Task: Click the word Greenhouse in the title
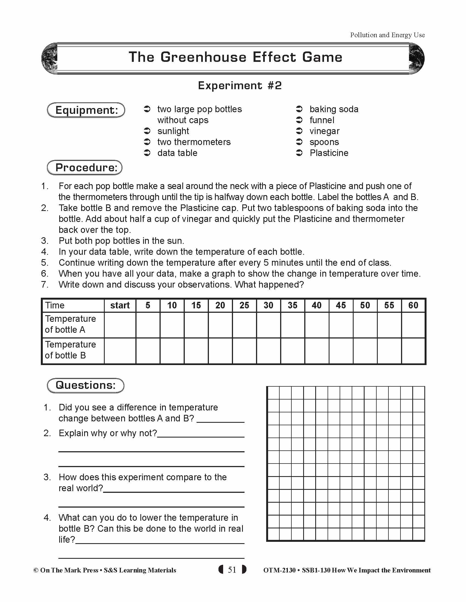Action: coord(203,57)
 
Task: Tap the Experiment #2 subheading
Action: coord(240,85)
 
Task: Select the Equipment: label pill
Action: coord(86,110)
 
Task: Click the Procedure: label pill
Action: coord(85,167)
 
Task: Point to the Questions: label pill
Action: coord(86,385)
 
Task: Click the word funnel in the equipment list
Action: coord(322,120)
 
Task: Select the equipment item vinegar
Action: coord(324,131)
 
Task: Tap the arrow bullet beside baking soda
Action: coord(299,109)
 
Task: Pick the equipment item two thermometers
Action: coord(194,142)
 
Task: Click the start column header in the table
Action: coord(120,305)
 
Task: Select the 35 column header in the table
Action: coord(293,305)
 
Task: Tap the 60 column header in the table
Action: coord(413,305)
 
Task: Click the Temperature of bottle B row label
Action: coord(70,350)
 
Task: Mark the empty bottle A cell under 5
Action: coord(148,325)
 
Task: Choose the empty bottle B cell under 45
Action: coord(341,351)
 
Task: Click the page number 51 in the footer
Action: coord(232,570)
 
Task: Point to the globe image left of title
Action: coord(49,59)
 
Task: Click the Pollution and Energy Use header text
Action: coord(387,35)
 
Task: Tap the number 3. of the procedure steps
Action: coord(45,241)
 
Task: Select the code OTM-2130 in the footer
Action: coord(279,570)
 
